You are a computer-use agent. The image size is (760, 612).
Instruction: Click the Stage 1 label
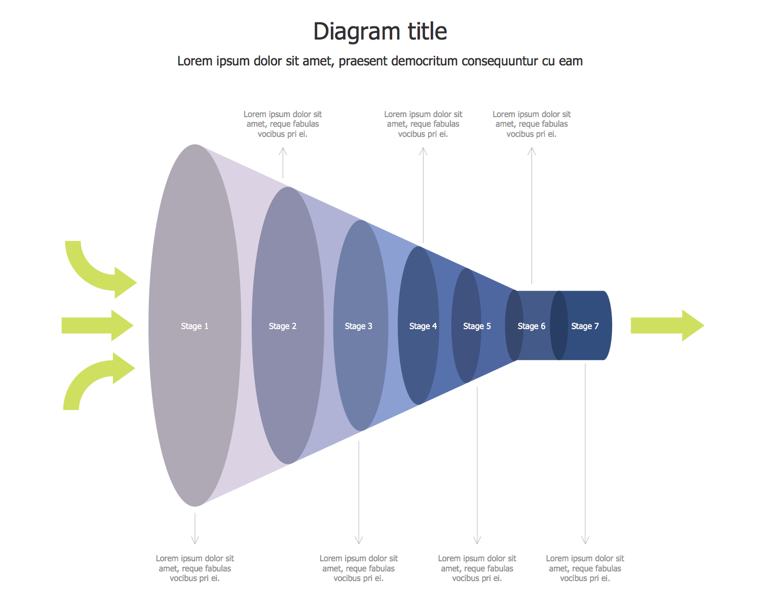195,326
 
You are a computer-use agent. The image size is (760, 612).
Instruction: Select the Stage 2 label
282,326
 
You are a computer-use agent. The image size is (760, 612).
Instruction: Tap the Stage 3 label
358,326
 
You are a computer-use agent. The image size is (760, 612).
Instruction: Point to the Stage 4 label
423,326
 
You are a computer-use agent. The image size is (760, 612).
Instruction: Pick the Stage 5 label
477,326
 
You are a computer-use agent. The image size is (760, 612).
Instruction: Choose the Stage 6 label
531,326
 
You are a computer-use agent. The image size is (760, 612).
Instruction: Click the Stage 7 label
585,326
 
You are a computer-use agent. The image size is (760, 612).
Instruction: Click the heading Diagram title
380,31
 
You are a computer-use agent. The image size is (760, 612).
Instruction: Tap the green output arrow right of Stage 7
667,326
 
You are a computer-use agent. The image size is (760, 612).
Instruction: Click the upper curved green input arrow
99,272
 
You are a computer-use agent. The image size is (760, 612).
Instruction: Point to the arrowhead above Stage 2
283,151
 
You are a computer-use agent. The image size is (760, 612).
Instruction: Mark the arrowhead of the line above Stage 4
423,151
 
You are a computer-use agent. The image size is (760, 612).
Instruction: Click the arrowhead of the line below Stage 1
195,541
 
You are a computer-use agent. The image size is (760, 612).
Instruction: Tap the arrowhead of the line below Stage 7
585,541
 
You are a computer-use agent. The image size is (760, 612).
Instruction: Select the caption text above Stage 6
531,124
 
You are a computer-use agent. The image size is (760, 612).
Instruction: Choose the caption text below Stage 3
358,568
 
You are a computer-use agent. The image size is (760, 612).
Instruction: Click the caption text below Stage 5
477,568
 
